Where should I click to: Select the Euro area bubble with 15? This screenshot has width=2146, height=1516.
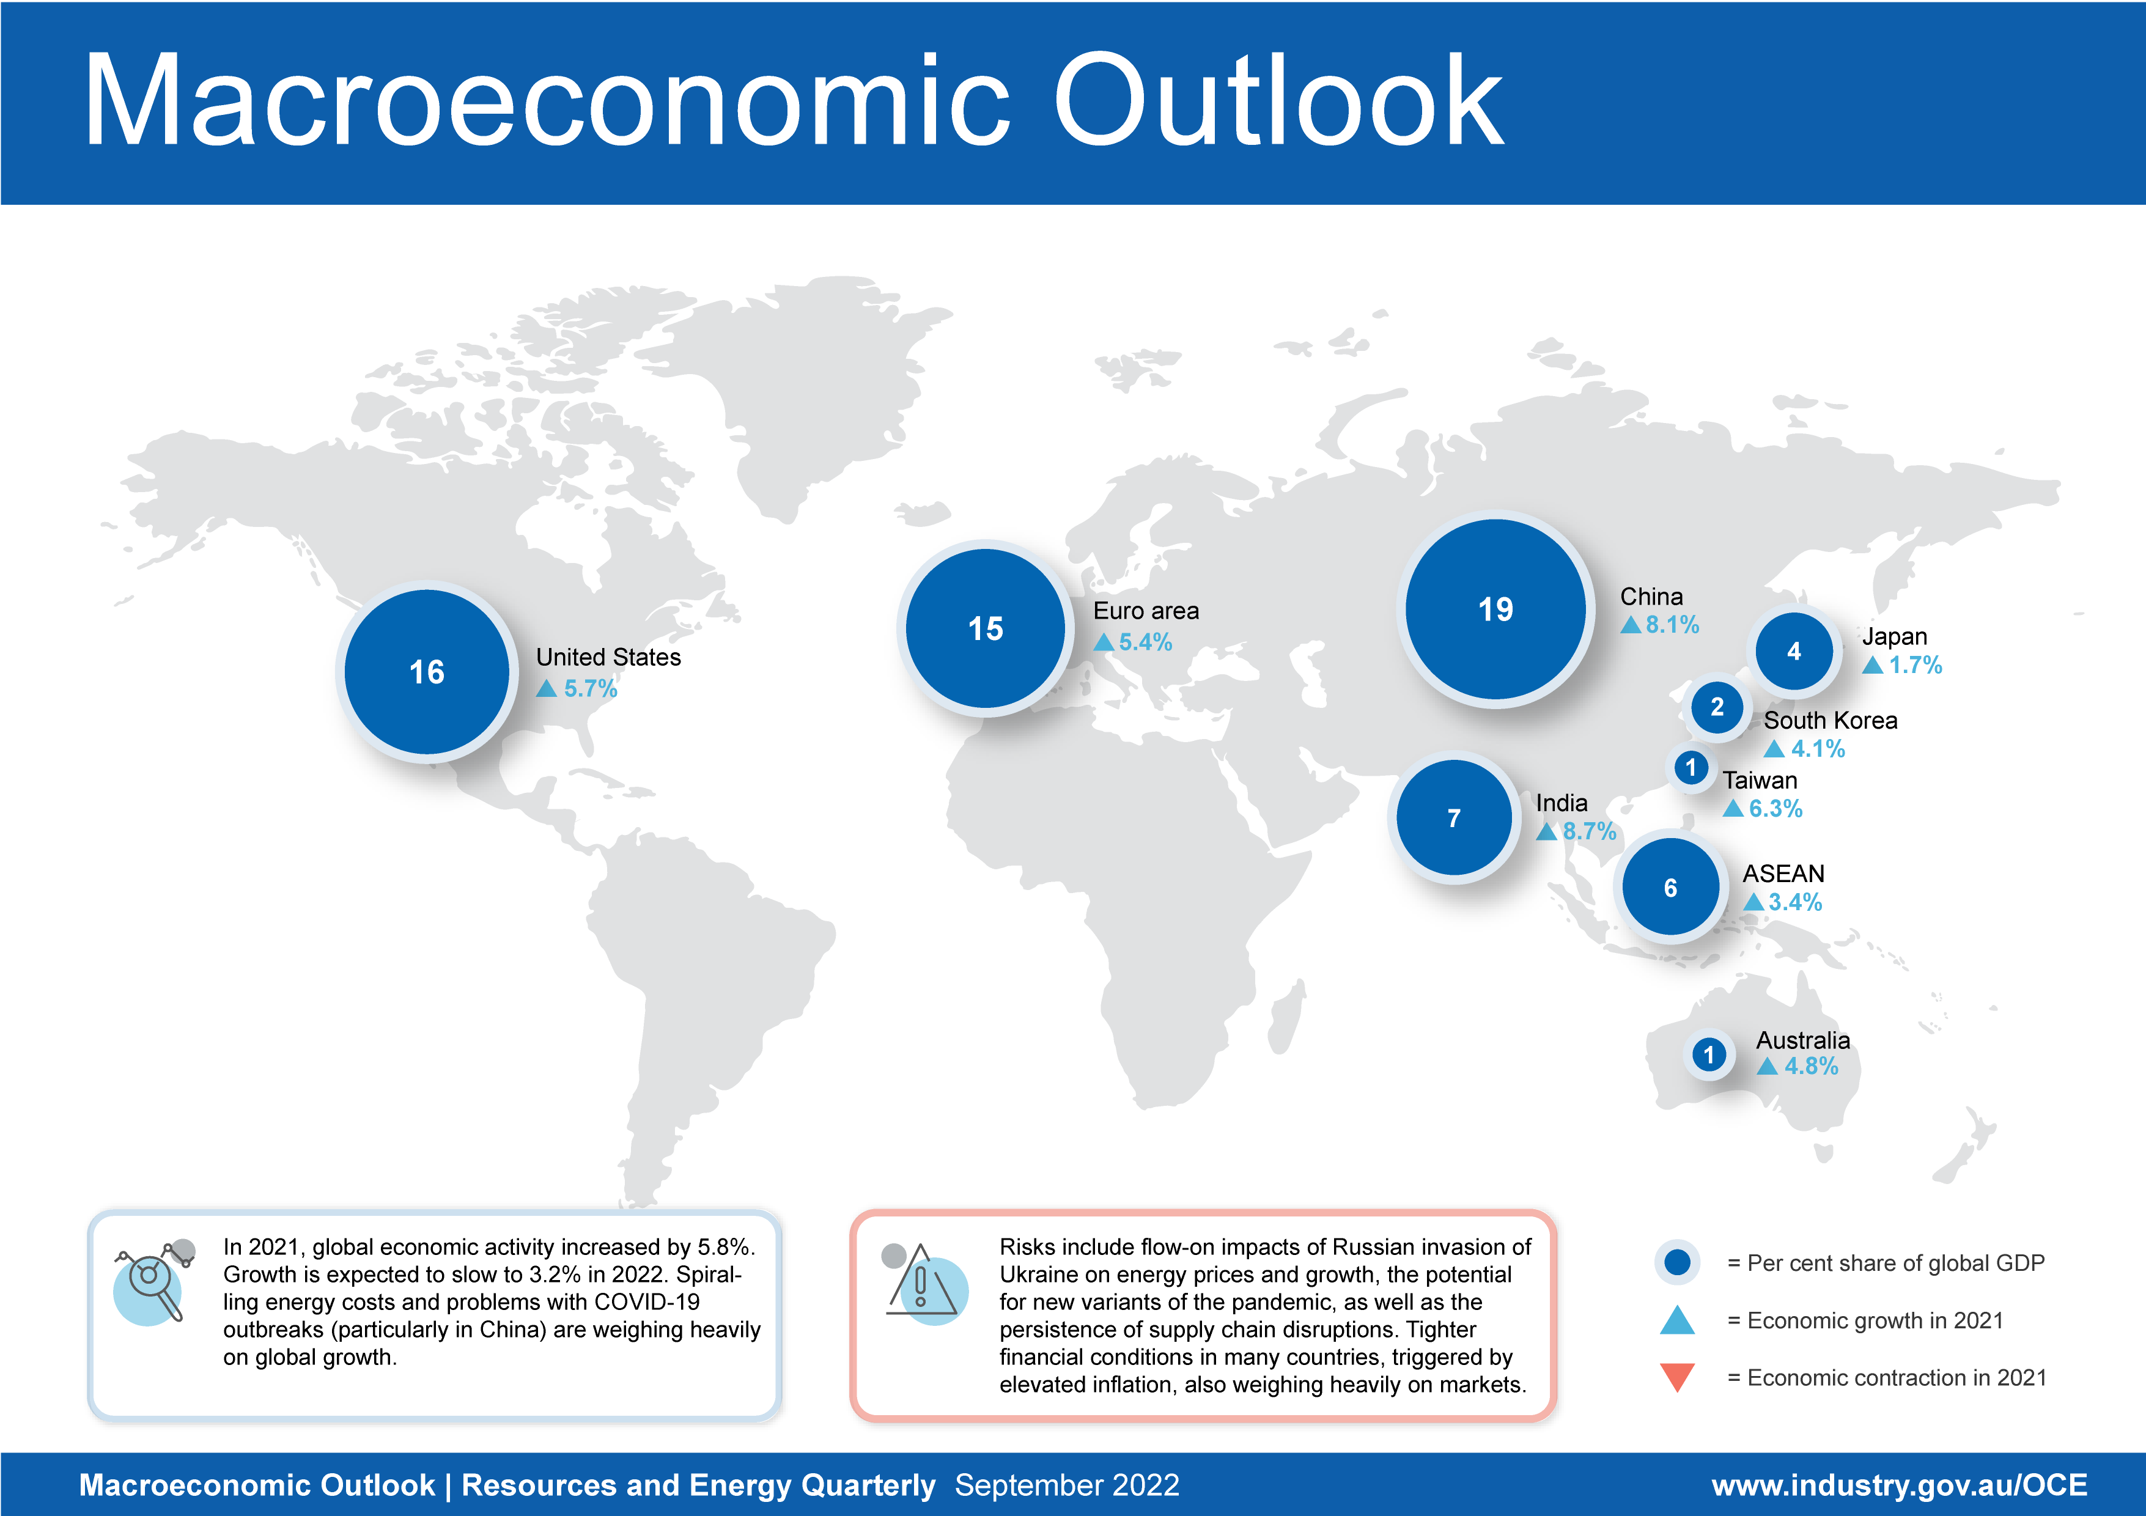985,628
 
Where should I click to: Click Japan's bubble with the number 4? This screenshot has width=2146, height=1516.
1794,652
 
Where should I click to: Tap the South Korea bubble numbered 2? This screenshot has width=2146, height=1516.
1716,707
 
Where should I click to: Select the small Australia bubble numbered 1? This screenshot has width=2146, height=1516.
1709,1055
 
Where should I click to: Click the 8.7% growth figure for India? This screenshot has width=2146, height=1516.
1589,831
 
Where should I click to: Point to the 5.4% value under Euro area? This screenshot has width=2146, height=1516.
1145,642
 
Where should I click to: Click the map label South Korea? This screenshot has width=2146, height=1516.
1830,721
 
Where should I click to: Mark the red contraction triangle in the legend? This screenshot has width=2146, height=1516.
1677,1377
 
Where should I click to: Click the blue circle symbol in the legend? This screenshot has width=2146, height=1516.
1677,1263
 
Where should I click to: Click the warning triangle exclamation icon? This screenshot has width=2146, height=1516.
923,1283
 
